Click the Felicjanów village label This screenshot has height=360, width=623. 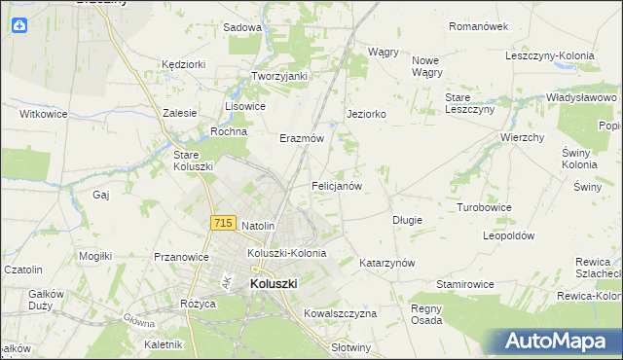(x=337, y=185)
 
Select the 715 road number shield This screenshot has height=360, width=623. (x=222, y=224)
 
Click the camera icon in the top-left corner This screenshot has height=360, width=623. (x=18, y=26)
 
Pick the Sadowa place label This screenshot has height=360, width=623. (x=242, y=27)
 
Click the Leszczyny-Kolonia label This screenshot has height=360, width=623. (x=549, y=55)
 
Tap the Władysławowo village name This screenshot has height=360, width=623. (x=581, y=98)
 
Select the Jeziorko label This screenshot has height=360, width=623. (x=367, y=114)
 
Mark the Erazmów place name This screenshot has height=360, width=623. (x=301, y=138)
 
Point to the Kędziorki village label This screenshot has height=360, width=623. (x=184, y=64)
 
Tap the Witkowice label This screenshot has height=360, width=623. (x=44, y=114)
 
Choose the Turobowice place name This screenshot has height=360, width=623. (x=485, y=207)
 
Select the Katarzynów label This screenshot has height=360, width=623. (x=387, y=263)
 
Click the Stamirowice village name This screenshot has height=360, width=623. (x=465, y=284)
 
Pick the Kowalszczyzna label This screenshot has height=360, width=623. (x=340, y=313)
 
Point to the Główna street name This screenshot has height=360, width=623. (x=139, y=320)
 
